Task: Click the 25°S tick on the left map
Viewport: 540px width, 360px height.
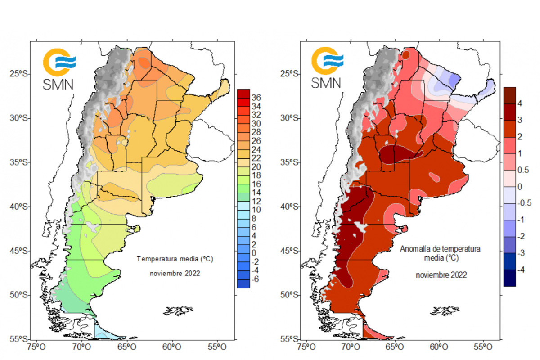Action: click(x=19, y=74)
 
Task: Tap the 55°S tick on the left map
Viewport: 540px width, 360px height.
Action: click(x=19, y=339)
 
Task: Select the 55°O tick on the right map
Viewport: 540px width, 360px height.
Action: click(x=482, y=347)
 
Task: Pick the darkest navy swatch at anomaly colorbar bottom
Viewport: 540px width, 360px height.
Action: click(x=509, y=278)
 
